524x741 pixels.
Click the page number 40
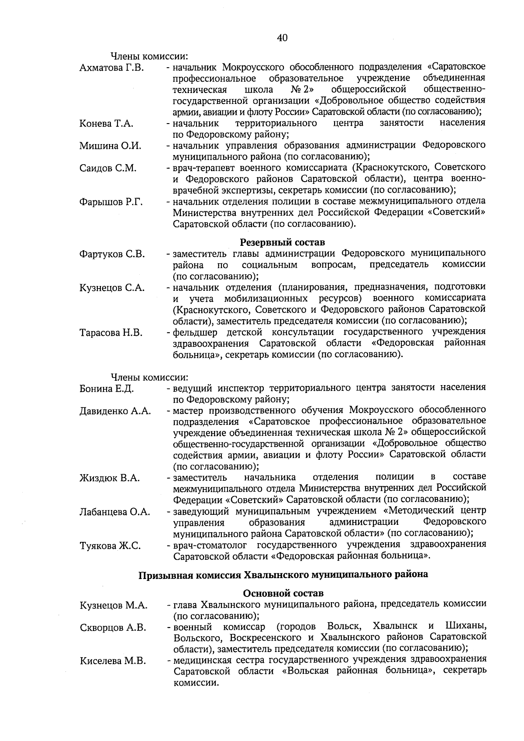coord(282,38)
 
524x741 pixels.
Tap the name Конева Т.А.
coord(106,124)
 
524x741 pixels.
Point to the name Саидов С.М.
coord(108,168)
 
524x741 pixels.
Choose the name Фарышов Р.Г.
coord(111,202)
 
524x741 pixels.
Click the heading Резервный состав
coord(283,242)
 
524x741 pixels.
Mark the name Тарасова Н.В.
coord(111,333)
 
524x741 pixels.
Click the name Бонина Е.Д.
coord(107,389)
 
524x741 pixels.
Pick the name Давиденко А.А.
coord(115,411)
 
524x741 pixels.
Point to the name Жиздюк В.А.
coord(110,478)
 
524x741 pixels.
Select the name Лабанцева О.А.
coord(115,512)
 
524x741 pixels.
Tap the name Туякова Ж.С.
coord(110,545)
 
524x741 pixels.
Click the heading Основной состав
coord(283,593)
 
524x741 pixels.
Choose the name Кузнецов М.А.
coord(114,606)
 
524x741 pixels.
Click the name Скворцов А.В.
coord(113,628)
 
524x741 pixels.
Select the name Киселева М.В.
coord(113,662)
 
